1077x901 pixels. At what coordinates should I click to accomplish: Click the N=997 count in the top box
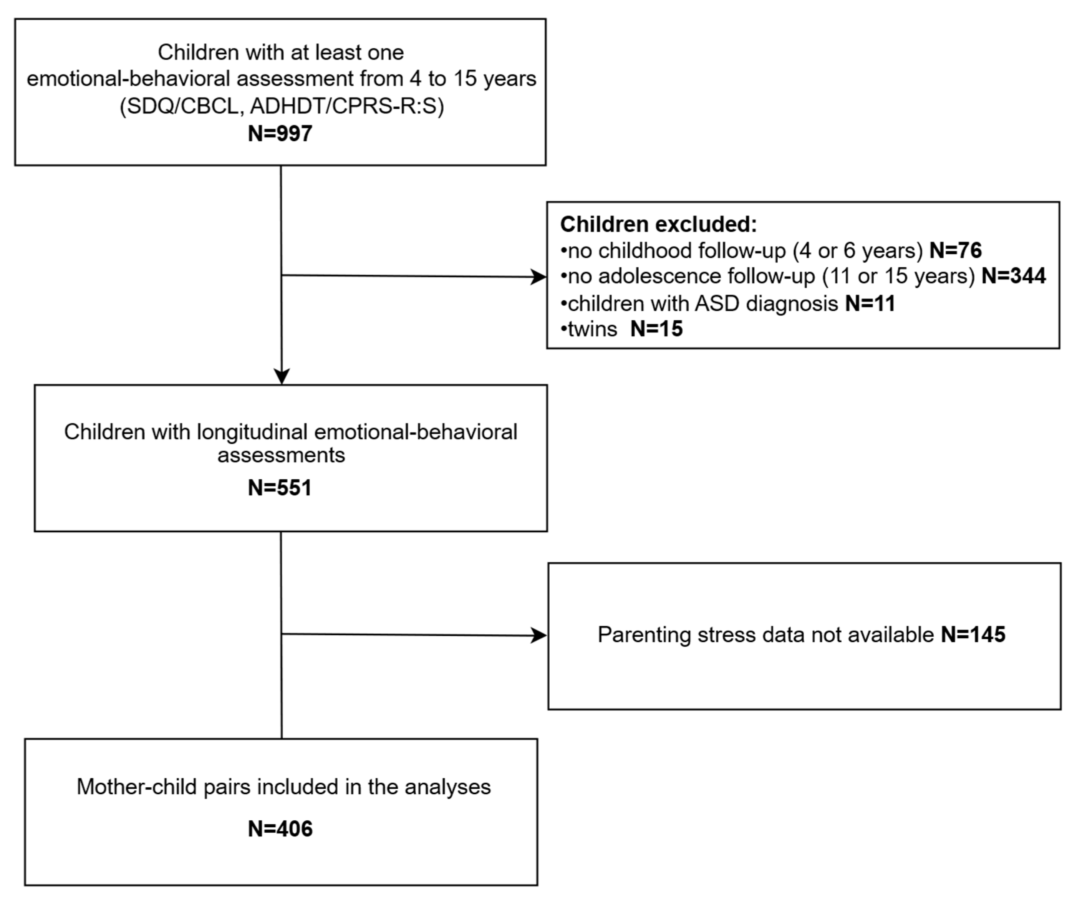(x=280, y=134)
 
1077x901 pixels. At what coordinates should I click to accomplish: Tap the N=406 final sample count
(x=280, y=829)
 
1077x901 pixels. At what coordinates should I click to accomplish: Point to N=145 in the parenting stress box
(x=973, y=635)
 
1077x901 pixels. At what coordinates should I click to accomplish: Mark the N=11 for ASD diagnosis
(x=870, y=303)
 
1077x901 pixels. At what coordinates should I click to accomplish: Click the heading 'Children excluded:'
(x=658, y=224)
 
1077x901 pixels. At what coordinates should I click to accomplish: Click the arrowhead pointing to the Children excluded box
(x=538, y=277)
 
